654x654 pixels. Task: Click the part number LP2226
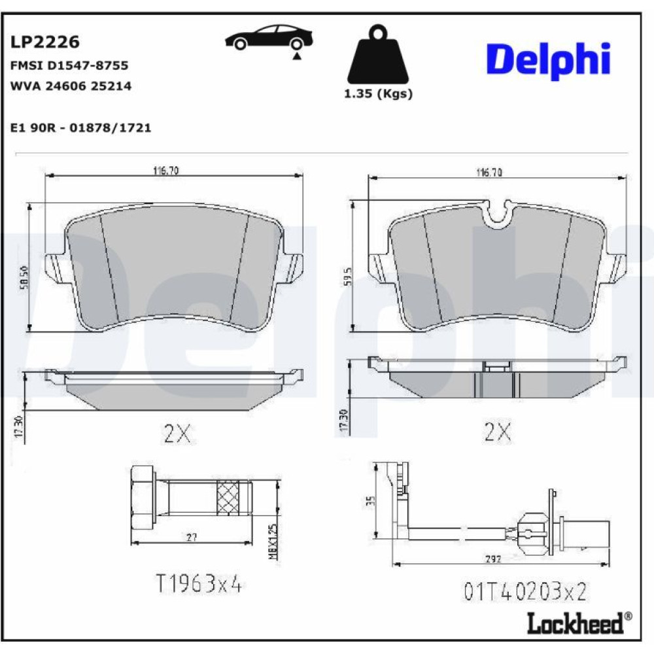point(44,42)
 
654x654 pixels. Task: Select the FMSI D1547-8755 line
point(69,65)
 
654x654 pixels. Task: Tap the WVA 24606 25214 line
point(71,86)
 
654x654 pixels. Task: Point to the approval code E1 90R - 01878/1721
point(80,128)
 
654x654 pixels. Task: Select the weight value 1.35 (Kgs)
point(378,94)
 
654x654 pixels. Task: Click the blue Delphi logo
point(548,60)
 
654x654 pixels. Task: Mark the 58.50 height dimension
point(24,277)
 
